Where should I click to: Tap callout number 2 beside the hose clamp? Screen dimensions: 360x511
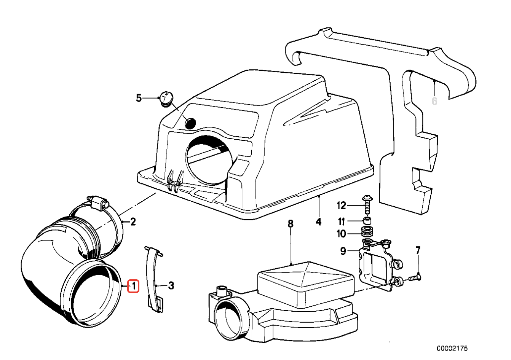coord(133,221)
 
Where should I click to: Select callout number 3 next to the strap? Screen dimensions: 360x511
coord(171,285)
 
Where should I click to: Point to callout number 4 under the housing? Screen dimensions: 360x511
coord(319,221)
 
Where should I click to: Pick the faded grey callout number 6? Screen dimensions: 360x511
coord(434,101)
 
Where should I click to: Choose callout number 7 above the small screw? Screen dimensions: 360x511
coord(418,250)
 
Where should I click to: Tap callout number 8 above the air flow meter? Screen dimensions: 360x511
coord(291,224)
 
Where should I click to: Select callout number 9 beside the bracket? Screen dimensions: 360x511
coord(343,251)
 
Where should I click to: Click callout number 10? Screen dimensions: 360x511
coord(341,233)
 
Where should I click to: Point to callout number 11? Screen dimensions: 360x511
coord(342,221)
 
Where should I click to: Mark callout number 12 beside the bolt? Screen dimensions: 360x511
coord(341,206)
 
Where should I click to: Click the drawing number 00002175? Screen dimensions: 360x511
coord(452,348)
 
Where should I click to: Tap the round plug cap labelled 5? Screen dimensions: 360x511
coord(165,97)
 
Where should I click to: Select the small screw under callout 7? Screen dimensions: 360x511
coord(415,278)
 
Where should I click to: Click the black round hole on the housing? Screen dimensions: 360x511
coord(190,123)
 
